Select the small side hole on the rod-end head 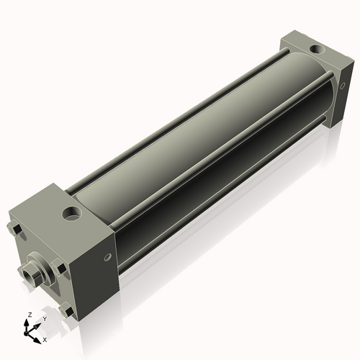tap(109, 257)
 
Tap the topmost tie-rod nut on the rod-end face tap(17, 230)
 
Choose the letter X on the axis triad tap(45, 338)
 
